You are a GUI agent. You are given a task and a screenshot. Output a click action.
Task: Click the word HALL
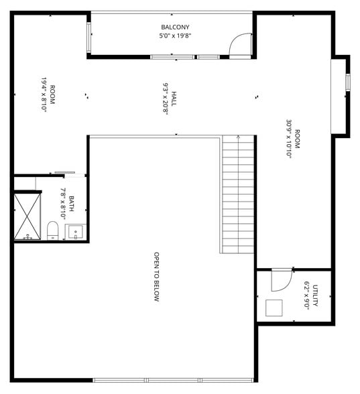tap(174, 99)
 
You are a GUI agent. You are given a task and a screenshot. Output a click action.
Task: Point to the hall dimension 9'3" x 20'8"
tap(164, 99)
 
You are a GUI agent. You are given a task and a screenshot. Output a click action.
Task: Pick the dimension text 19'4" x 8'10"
tap(44, 94)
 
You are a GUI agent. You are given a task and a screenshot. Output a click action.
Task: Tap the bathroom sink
tap(75, 232)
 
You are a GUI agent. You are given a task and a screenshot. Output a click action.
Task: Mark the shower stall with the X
tap(27, 216)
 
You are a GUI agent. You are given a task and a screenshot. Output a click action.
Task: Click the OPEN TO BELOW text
tap(156, 277)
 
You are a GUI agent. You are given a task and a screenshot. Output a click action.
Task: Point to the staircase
tap(238, 194)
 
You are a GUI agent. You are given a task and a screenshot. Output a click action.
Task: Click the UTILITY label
tap(315, 295)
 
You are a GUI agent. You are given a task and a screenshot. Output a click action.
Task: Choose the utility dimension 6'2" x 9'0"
tap(306, 295)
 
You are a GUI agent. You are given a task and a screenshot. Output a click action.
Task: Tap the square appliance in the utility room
tap(274, 308)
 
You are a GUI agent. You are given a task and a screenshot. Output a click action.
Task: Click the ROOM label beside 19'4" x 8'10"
tap(52, 94)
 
